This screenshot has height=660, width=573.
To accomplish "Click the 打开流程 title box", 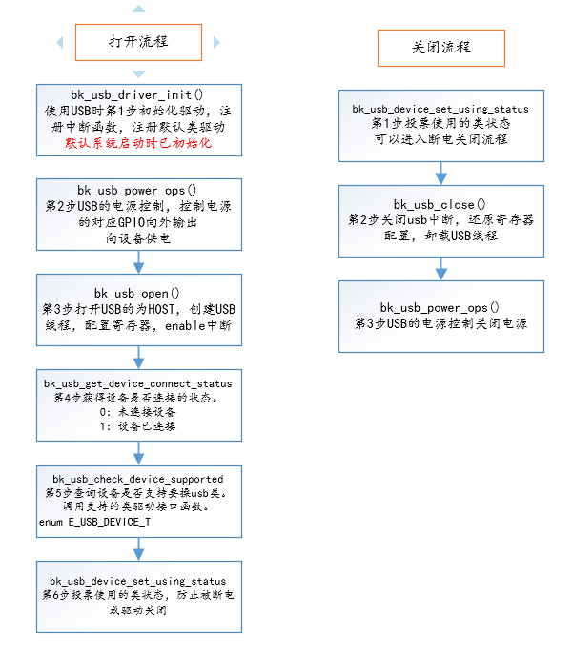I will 139,42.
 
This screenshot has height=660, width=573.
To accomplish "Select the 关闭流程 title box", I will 440,47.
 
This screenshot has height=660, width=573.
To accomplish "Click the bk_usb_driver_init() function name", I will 139,94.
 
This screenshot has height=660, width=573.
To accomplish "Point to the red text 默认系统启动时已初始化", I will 139,143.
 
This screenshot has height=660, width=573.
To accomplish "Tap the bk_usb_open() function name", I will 139,292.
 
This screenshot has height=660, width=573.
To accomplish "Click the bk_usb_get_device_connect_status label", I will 139,383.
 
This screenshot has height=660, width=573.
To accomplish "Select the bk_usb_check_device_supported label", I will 139,478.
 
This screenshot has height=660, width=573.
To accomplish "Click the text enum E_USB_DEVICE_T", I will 94,523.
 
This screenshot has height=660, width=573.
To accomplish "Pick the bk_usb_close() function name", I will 440,204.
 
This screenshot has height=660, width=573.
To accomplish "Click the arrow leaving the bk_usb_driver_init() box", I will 139,165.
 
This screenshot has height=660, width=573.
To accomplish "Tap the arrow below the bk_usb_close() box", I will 440,268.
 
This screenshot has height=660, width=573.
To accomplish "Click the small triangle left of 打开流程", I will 60,42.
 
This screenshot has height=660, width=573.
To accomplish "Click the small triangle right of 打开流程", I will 216,42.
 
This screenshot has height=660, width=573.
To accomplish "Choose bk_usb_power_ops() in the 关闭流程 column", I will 440,307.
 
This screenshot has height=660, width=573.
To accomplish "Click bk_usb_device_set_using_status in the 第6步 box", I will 139,580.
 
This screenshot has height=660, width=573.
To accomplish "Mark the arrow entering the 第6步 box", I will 139,548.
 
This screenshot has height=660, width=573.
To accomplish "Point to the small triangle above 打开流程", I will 139,9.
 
